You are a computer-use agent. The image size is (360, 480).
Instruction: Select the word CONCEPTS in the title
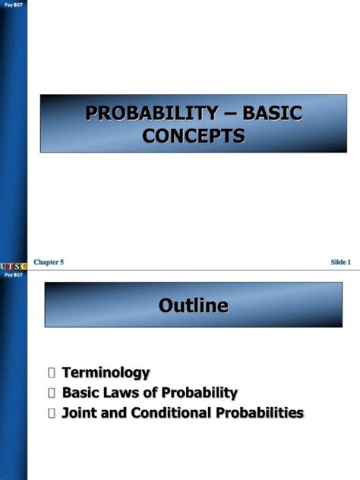pyautogui.click(x=193, y=137)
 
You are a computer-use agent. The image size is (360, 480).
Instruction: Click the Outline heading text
pyautogui.click(x=193, y=306)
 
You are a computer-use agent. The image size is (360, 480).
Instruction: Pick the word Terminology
pyautogui.click(x=106, y=373)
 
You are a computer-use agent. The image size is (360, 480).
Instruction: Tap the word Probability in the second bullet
pyautogui.click(x=196, y=393)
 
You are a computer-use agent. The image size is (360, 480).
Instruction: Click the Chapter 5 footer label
pyautogui.click(x=49, y=262)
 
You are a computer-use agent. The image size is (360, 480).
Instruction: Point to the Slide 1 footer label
pyautogui.click(x=340, y=262)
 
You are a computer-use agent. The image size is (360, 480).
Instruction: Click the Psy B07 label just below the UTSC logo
pyautogui.click(x=14, y=274)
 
